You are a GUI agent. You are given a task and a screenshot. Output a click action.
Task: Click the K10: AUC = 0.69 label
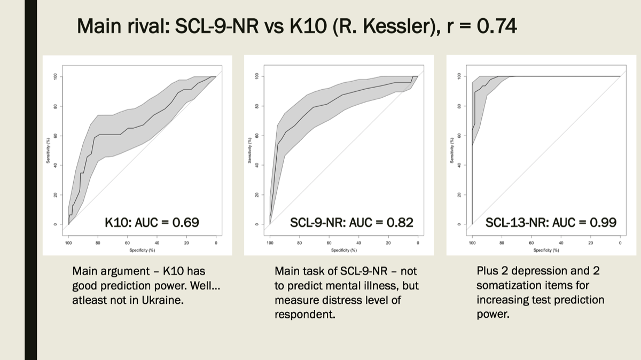click(152, 222)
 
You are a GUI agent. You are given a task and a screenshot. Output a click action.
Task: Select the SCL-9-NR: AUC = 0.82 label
click(351, 222)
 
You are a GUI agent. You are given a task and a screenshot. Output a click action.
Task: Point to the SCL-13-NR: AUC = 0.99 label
click(551, 222)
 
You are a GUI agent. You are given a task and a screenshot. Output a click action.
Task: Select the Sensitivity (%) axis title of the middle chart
click(249, 150)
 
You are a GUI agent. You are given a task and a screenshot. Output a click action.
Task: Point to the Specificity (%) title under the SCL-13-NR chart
click(546, 249)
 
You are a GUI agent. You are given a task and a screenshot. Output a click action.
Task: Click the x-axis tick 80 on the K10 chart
click(98, 243)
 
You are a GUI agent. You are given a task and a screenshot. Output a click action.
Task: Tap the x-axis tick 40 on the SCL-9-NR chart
click(358, 243)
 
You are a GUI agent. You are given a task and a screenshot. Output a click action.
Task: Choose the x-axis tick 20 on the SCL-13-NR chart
click(590, 243)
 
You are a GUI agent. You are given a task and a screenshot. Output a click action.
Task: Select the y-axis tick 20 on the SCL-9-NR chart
click(257, 194)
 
